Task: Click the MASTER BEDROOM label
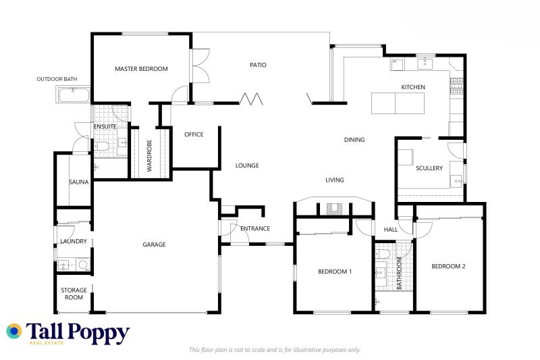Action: pos(141,69)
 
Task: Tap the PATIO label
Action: pos(258,66)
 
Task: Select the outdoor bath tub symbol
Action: pos(72,95)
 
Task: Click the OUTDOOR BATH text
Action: pos(57,79)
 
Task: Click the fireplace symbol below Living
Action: pos(334,209)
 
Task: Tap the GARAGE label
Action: pos(154,245)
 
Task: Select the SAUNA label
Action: pos(79,182)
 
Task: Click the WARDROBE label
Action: pos(149,154)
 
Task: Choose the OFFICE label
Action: pos(194,134)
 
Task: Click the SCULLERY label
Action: pos(429,168)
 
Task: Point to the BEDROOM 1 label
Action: pos(335,272)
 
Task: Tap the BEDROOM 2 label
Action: pos(448,266)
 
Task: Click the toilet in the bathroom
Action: pos(383,254)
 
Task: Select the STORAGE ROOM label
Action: pos(74,294)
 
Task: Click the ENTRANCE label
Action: pos(255,228)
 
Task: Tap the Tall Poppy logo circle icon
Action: pos(14,331)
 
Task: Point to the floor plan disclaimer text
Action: pos(275,350)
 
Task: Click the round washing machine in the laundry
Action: pos(83,265)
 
